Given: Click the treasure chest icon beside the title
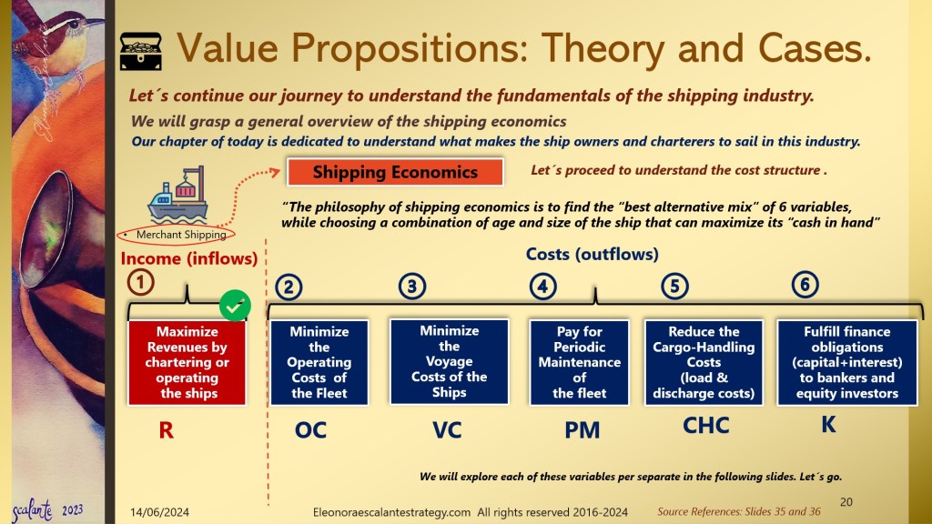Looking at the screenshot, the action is click(141, 51).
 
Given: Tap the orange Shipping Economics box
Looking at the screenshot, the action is click(395, 172).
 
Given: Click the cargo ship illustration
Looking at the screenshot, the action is click(178, 194).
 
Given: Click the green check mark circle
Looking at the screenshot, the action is click(235, 306).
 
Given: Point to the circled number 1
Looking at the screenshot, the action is click(141, 282).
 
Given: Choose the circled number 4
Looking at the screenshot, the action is click(542, 287).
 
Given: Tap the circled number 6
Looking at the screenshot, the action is click(805, 284).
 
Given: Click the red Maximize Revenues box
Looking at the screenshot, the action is click(187, 362).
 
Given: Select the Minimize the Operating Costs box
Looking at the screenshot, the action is click(319, 362).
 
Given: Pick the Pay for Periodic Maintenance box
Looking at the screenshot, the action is click(579, 362).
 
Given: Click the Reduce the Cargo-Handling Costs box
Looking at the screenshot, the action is click(704, 362).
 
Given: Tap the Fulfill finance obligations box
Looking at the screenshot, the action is click(847, 362).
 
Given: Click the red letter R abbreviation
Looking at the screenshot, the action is click(167, 430).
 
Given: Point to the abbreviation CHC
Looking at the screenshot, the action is click(706, 426).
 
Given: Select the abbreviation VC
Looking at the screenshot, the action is click(447, 430).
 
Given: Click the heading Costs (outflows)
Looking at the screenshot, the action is click(592, 255).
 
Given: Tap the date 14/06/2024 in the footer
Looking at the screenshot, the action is click(160, 512).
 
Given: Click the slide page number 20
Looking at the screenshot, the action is click(846, 502).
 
